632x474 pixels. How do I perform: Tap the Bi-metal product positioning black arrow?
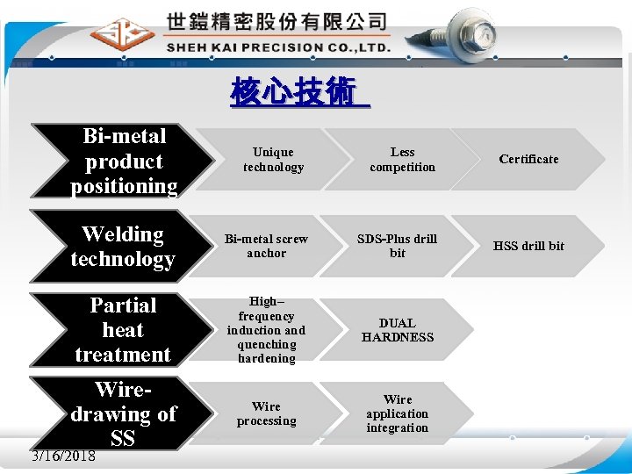pos(123,161)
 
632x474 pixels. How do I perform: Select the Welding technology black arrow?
pos(123,247)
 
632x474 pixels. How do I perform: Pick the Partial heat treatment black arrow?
pos(123,330)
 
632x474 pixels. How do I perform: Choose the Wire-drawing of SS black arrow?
pos(123,413)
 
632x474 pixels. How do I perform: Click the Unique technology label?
pos(273,160)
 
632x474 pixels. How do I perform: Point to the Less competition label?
pos(402,160)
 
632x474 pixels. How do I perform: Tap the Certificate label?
pos(528,159)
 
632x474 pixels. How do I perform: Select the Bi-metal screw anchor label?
pos(266,246)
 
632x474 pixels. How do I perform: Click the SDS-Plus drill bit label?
pos(398,246)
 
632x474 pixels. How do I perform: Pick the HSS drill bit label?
pos(528,246)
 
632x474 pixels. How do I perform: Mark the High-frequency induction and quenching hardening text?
pos(266,330)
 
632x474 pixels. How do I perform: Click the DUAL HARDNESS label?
pos(398,330)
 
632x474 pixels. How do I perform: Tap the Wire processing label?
pos(266,413)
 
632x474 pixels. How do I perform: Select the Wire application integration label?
pos(398,413)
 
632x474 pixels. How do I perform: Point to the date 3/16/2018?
pos(63,456)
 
